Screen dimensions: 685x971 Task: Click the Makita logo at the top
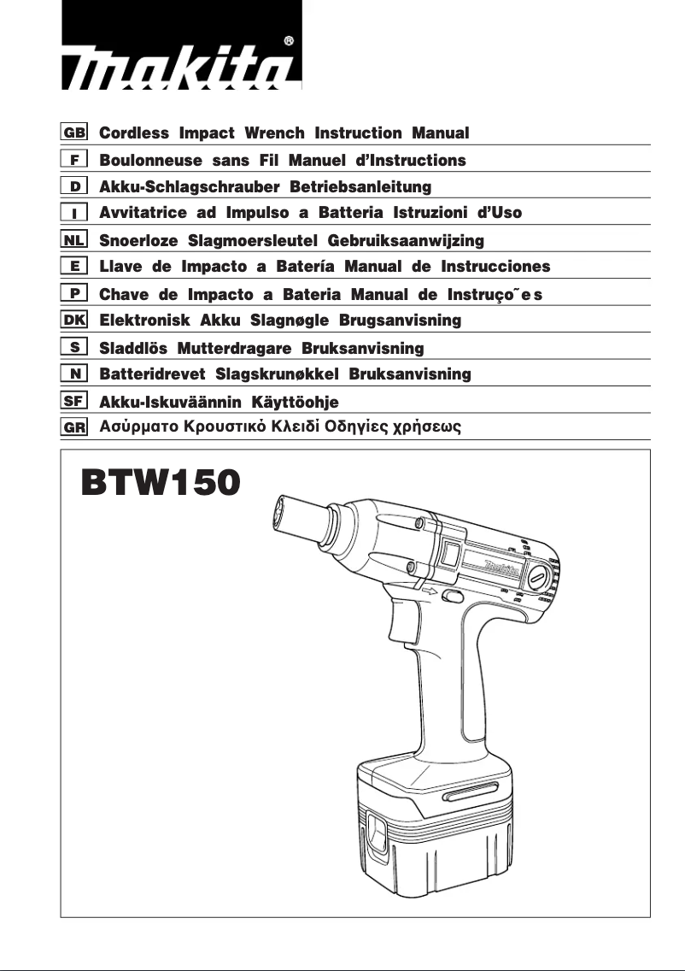coord(181,63)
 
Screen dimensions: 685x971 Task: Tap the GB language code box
coord(74,133)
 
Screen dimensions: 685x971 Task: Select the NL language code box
coord(74,240)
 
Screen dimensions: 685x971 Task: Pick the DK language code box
coord(74,321)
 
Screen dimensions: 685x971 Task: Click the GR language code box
coord(74,427)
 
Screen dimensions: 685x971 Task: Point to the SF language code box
coord(74,401)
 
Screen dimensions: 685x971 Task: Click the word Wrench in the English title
coord(275,133)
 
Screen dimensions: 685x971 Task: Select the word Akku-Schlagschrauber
coord(190,186)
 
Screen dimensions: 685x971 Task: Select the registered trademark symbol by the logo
coord(289,40)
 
